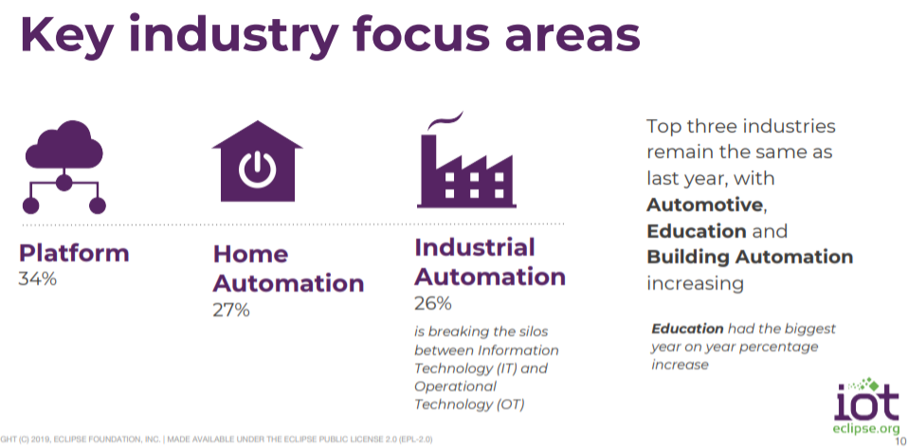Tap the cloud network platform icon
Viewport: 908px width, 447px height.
pos(64,167)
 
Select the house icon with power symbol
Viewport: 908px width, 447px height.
pos(257,161)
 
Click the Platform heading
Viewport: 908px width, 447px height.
pos(74,253)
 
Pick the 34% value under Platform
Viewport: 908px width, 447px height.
pos(38,279)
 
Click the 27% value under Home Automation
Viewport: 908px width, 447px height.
pos(231,310)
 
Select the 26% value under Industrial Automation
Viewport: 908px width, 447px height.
pos(433,304)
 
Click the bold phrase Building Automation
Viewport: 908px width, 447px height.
pos(750,257)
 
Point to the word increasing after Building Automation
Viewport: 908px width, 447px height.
pos(695,284)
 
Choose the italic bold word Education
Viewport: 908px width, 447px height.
pos(687,329)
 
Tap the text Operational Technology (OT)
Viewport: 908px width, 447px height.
pos(469,395)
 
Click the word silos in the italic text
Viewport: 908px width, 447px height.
pos(531,331)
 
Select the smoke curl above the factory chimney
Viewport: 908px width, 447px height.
pos(445,121)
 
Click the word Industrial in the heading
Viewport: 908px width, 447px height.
pos(475,247)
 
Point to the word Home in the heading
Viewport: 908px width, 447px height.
pos(251,254)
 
